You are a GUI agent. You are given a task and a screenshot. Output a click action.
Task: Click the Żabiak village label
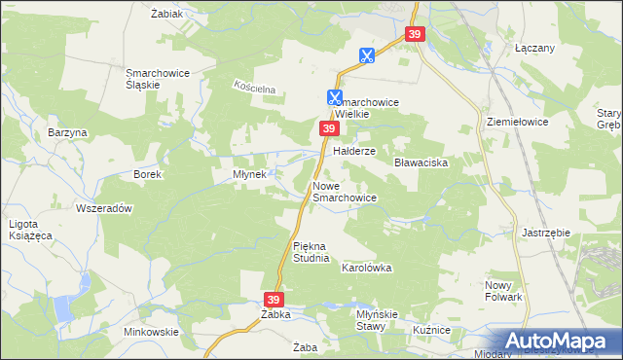167,15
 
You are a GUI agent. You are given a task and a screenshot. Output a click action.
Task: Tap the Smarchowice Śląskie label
156,78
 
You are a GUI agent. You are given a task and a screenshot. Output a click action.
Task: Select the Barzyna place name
67,132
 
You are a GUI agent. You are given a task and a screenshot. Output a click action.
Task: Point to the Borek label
147,174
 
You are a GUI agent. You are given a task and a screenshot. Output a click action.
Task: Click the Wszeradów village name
103,208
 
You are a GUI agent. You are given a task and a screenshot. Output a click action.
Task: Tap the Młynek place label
250,174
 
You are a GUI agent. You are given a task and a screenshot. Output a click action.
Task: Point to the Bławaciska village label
420,162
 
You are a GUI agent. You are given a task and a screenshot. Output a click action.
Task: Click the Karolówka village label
366,267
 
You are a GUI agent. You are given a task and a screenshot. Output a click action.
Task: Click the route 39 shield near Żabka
275,300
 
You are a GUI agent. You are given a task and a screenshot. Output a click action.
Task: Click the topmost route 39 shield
416,35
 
